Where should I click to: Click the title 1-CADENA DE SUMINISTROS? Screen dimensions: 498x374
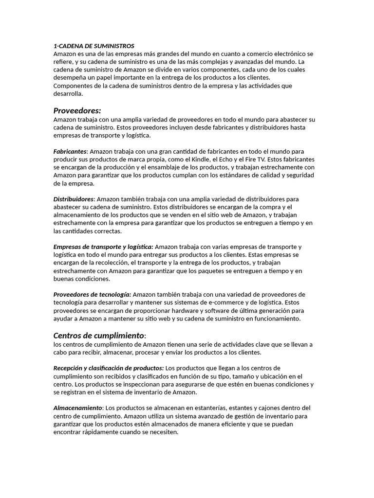[x=93, y=46]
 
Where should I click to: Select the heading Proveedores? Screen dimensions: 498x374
[x=77, y=110]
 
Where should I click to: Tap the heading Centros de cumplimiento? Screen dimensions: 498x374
[x=98, y=336]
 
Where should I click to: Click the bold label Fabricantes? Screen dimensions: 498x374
[x=70, y=152]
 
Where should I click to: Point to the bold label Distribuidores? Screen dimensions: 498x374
[x=74, y=199]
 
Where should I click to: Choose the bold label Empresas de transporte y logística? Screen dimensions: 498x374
[x=103, y=247]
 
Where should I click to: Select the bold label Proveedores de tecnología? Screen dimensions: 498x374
[x=92, y=294]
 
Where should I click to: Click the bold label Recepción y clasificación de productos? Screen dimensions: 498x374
[x=108, y=368]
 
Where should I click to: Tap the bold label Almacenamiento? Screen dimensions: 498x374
[x=78, y=408]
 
